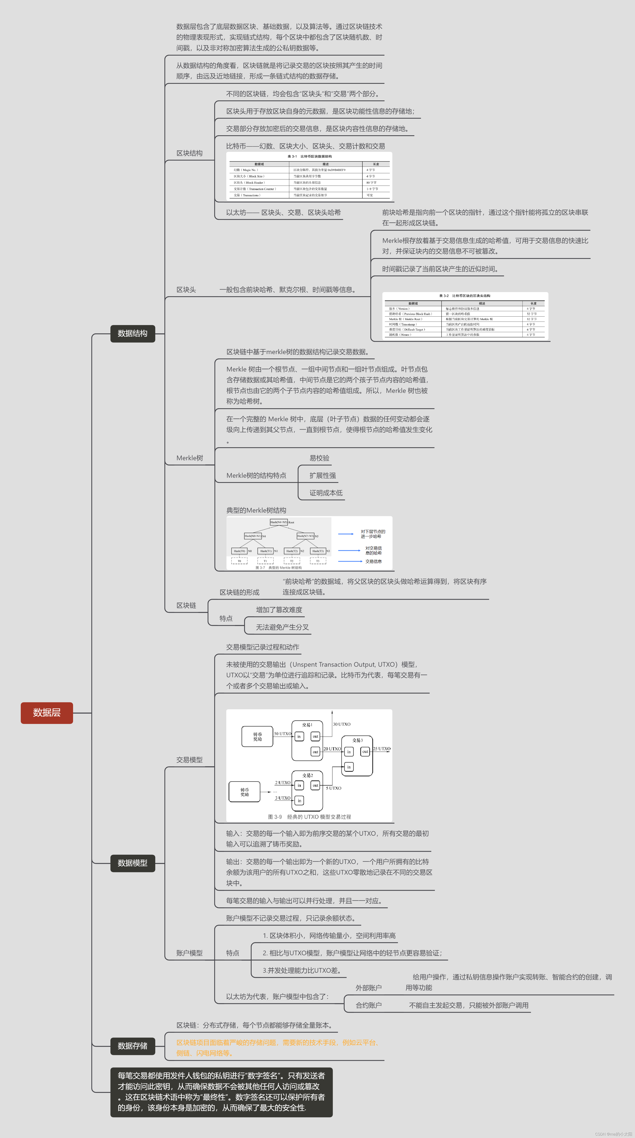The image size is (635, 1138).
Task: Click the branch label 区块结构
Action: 189,153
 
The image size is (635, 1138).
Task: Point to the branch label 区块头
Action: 186,290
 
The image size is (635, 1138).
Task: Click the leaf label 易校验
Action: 319,458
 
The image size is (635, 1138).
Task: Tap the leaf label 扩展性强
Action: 322,475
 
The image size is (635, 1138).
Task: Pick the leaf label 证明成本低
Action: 326,493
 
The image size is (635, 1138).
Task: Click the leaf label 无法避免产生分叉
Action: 282,627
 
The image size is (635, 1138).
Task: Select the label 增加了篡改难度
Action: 279,610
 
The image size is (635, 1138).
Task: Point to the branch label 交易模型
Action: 189,760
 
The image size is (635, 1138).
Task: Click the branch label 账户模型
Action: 189,953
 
